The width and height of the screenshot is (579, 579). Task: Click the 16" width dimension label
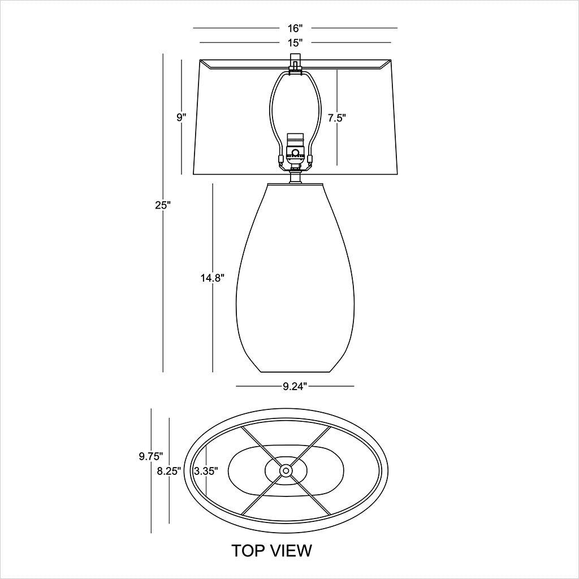tap(295, 28)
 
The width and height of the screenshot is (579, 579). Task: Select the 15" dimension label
tap(295, 42)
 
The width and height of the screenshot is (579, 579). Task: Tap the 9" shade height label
tap(181, 117)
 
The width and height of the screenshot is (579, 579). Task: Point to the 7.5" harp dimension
tap(336, 118)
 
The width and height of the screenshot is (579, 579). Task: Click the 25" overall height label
tap(163, 205)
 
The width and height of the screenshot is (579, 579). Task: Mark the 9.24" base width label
tap(295, 386)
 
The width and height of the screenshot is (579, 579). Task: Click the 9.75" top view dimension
tap(152, 455)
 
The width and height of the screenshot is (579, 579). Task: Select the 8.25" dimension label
tap(170, 472)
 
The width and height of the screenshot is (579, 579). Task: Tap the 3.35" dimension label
tap(206, 470)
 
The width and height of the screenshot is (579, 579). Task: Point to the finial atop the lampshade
tap(294, 61)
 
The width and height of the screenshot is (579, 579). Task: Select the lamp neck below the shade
tap(294, 177)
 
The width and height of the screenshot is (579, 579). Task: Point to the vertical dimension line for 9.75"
tap(152, 498)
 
